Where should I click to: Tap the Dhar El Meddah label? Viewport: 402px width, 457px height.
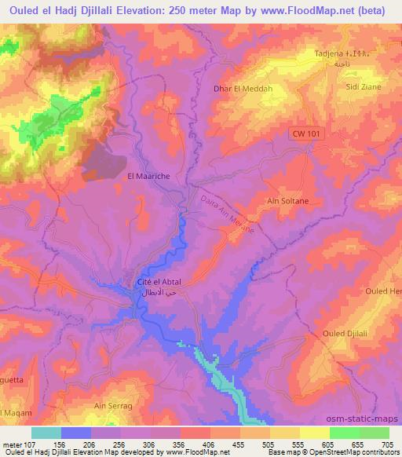243,89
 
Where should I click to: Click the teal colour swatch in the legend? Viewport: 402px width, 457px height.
46,433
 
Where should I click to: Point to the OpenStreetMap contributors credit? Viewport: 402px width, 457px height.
355,452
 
